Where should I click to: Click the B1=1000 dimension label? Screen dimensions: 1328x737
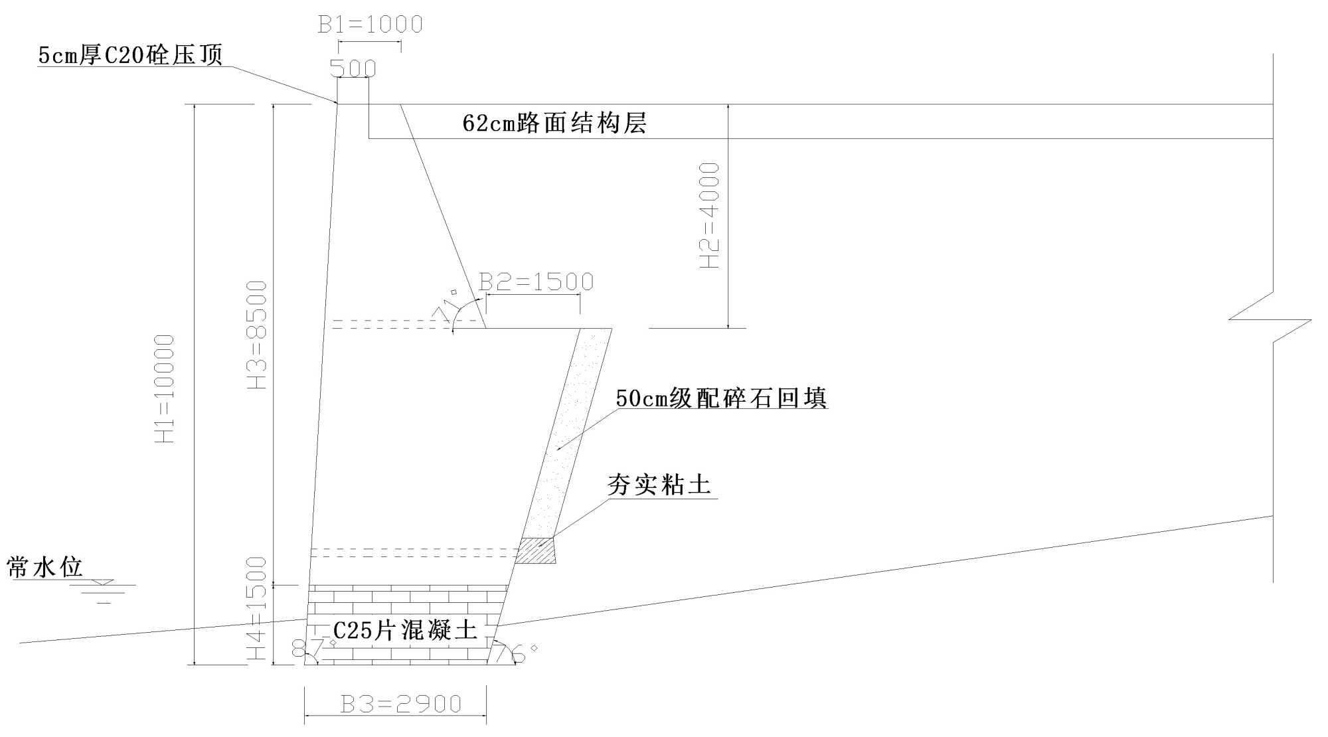370,25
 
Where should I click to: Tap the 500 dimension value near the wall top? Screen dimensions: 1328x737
353,68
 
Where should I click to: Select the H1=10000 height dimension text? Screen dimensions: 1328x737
165,388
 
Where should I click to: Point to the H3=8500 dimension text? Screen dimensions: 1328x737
257,335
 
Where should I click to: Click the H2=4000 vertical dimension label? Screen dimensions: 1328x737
710,216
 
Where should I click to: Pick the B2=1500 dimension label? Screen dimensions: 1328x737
536,282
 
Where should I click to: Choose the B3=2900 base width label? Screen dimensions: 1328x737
400,704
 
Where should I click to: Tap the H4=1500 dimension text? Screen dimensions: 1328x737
257,608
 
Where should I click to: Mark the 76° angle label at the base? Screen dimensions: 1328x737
518,653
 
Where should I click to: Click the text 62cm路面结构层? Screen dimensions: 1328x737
554,123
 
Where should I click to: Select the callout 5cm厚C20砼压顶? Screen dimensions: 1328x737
130,55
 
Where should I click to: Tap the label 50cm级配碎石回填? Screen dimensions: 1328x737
721,398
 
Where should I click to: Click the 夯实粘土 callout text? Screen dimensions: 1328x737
659,485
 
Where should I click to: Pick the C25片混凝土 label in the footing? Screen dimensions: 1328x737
405,629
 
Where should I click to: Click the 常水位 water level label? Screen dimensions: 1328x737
44,567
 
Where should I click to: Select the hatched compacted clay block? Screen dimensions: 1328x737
536,551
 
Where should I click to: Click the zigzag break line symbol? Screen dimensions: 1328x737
1270,319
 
